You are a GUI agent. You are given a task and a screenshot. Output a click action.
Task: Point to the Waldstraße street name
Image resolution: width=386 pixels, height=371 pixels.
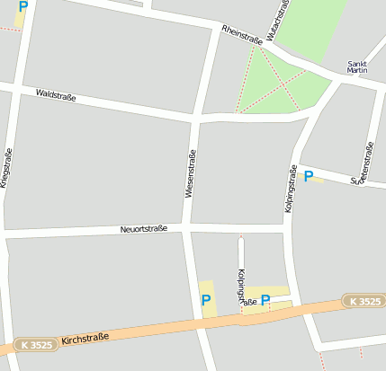56,94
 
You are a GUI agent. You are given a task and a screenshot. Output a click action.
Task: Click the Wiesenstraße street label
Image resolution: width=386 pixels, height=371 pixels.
190,173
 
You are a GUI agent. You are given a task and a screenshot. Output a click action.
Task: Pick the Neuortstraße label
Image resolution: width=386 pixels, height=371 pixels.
144,230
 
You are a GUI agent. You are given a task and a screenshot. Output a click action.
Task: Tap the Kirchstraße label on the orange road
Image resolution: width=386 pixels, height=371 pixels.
85,339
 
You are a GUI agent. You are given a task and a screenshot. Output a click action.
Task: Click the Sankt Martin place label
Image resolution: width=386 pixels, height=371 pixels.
357,67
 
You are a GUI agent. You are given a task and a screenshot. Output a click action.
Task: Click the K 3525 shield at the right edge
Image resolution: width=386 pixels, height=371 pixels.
365,301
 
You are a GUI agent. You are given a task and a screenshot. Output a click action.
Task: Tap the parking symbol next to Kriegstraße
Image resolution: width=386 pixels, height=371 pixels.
22,7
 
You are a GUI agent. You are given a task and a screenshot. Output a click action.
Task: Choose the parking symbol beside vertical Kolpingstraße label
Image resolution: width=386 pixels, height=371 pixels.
309,177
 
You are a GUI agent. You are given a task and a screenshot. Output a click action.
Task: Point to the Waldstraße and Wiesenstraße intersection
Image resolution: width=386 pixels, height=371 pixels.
195,118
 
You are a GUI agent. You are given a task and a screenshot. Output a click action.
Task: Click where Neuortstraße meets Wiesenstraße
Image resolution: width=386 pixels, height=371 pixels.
186,228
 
